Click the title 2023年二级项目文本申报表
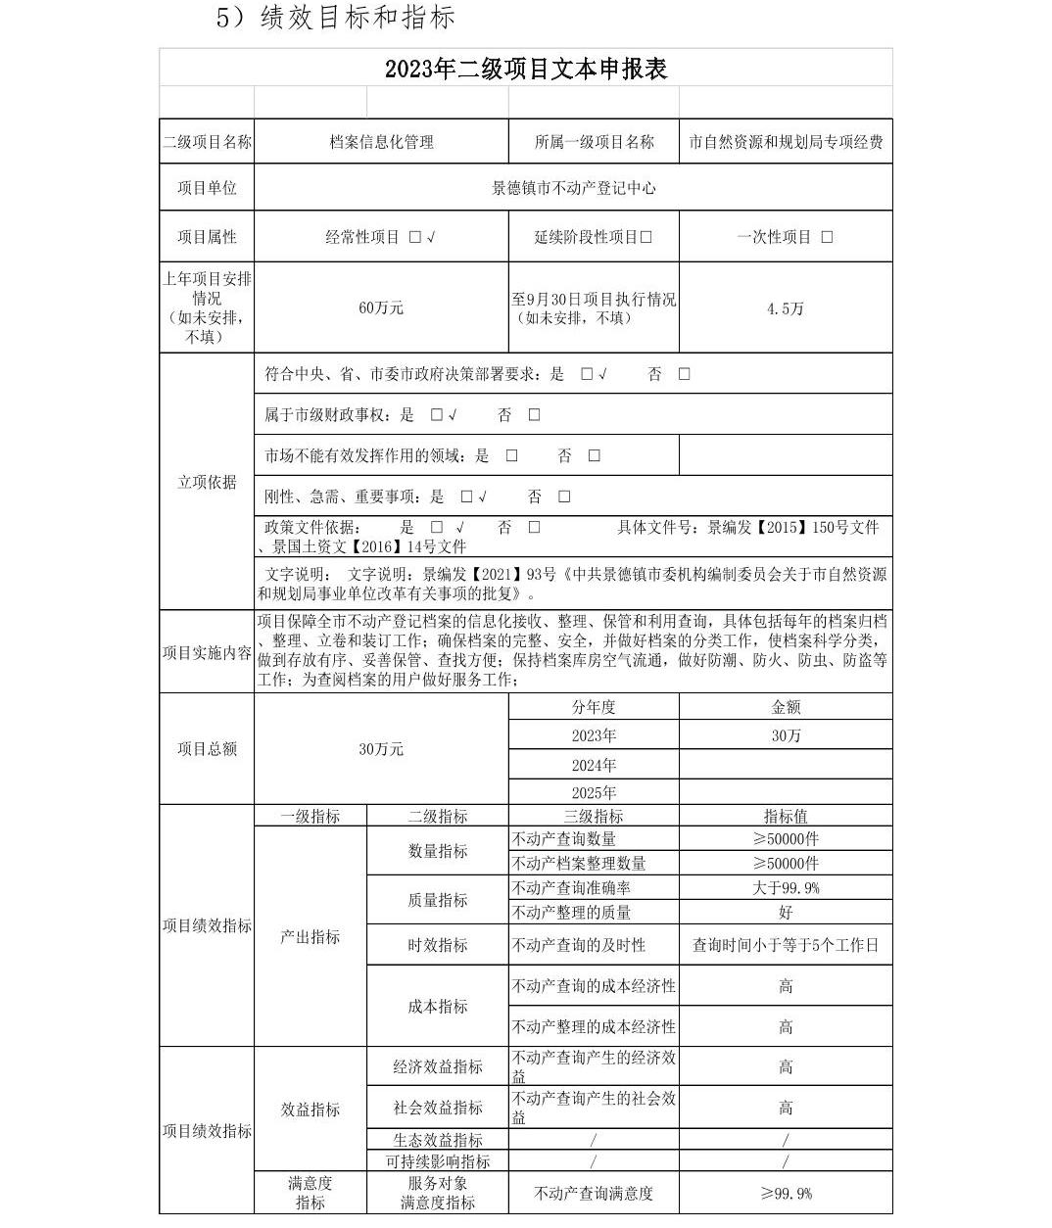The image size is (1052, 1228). coord(525,69)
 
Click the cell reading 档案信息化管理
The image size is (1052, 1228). coord(381,142)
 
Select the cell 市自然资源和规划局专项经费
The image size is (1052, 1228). coord(786,142)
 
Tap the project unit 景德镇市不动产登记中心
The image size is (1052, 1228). coord(573,188)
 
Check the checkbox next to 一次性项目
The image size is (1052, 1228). coord(828,237)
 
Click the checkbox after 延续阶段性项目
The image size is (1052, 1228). coord(646,237)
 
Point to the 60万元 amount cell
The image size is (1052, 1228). coord(381,307)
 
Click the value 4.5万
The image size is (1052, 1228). coord(786,308)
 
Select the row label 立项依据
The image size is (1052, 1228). coord(207,482)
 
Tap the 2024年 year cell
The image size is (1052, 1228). coord(594,765)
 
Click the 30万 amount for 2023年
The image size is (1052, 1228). coord(786,735)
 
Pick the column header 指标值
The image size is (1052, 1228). coord(786,816)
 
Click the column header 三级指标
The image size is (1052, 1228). coord(594,816)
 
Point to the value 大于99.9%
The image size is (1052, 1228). coord(786,888)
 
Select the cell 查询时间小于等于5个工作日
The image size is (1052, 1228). coord(786,945)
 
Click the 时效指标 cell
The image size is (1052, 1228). coord(438,945)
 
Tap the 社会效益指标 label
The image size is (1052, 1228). coord(438,1108)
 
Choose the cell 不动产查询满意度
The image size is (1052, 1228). coord(594,1193)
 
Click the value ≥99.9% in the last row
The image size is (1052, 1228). coord(786,1193)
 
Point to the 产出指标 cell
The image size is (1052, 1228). coord(311,937)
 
